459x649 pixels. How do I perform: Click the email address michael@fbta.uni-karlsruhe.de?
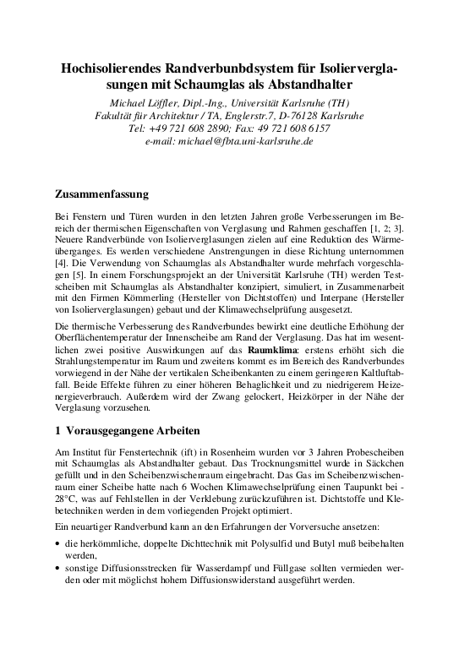(x=249, y=141)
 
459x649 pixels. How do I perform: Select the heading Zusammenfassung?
(x=101, y=194)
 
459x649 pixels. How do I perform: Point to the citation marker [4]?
(x=58, y=262)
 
